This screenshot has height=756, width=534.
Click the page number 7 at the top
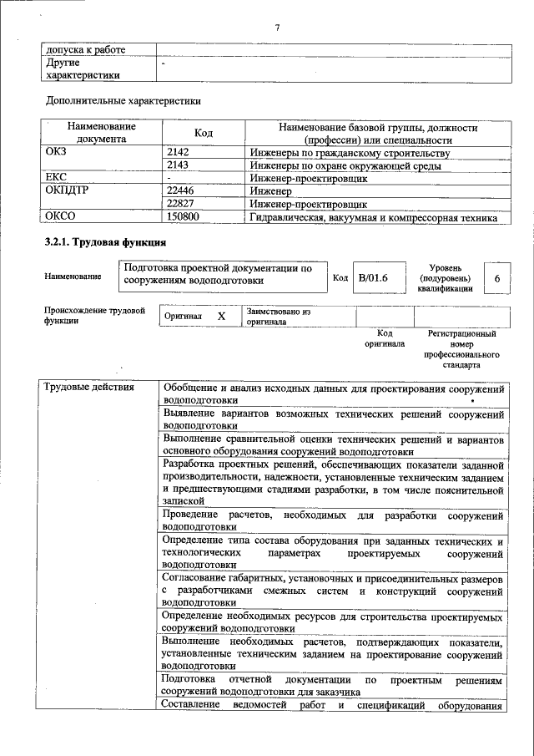point(276,28)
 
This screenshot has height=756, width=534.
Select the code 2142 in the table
point(179,153)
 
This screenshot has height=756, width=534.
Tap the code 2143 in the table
point(179,165)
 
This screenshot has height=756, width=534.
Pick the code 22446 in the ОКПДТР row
point(182,190)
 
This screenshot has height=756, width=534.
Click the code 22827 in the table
point(182,203)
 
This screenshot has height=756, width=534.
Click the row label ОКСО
point(63,216)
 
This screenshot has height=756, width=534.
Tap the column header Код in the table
point(204,134)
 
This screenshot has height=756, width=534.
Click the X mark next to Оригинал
point(221,317)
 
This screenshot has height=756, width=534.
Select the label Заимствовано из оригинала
point(279,316)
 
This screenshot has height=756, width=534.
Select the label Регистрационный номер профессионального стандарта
point(461,349)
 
